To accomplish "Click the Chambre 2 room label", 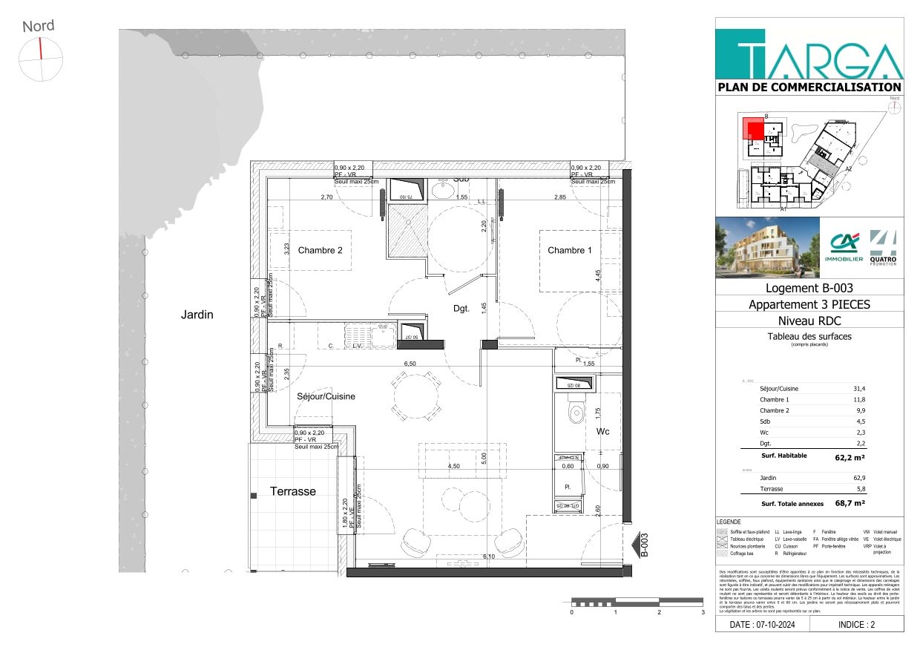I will (x=320, y=250).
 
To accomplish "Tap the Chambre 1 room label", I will (x=569, y=250).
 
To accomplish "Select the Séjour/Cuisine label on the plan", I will (x=326, y=396).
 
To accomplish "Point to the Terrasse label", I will (x=292, y=491).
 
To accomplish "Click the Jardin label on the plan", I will (x=197, y=315).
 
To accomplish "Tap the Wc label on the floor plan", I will (x=603, y=431).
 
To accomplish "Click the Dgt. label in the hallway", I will (x=461, y=309).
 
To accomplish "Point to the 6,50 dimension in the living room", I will (x=410, y=364).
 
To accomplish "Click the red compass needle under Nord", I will (x=40, y=48).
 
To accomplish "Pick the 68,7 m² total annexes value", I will (x=850, y=503).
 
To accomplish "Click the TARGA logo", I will (x=809, y=53).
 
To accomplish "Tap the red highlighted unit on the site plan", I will (x=754, y=131).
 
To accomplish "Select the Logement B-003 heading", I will (x=809, y=288).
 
